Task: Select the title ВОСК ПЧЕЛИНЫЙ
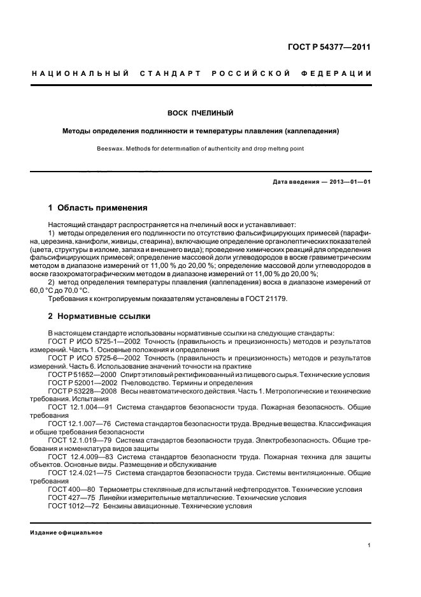click(200, 113)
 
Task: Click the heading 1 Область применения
click(98, 208)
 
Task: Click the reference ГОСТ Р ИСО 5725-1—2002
click(94, 342)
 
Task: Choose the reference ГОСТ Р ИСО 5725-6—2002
click(94, 358)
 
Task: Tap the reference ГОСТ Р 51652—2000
click(82, 374)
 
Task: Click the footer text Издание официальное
click(66, 532)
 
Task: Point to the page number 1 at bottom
click(370, 545)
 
